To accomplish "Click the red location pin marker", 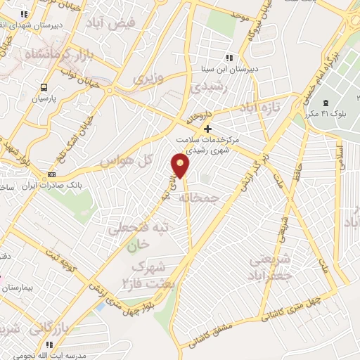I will pos(181,167).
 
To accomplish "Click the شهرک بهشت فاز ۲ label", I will pos(151,276).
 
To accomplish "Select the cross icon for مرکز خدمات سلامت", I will pos(207,129).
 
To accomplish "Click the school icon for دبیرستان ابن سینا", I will pos(229,58).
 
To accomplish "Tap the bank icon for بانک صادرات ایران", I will pos(51,174).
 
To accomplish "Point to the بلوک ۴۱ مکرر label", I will pos(321,113).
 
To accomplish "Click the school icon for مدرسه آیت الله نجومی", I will pos(49,345).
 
